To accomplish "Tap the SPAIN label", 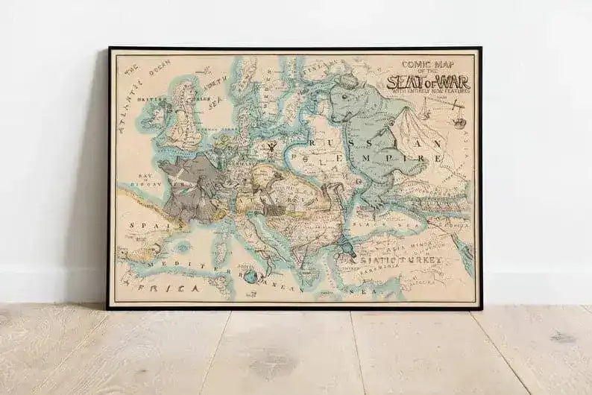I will point(141,224).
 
